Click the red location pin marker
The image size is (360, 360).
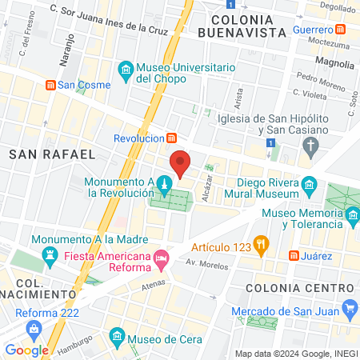[x=181, y=162]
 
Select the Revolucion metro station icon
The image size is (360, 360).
[x=171, y=138]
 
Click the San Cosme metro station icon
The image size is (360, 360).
[x=50, y=84]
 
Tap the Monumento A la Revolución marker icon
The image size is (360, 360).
[x=163, y=186]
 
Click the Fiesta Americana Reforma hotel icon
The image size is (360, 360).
[x=162, y=257]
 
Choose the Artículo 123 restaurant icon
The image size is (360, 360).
[x=260, y=244]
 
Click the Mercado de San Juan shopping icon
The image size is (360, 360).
[x=349, y=307]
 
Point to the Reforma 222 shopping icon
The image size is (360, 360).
[x=34, y=328]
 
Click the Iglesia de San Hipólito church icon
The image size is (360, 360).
[x=310, y=145]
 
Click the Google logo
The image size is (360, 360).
[x=26, y=350]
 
